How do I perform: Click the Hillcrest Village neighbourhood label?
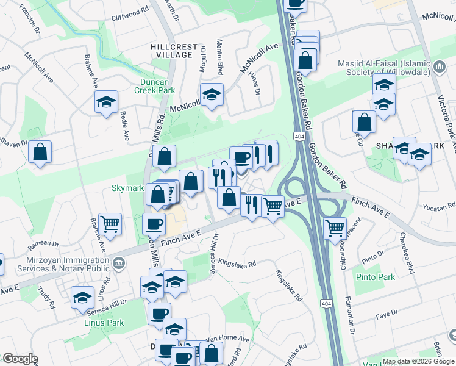(174, 51)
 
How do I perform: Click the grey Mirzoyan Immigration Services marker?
(119, 263)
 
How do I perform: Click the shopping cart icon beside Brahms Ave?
(110, 224)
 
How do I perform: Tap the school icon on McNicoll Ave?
(212, 95)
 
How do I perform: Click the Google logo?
(20, 359)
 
